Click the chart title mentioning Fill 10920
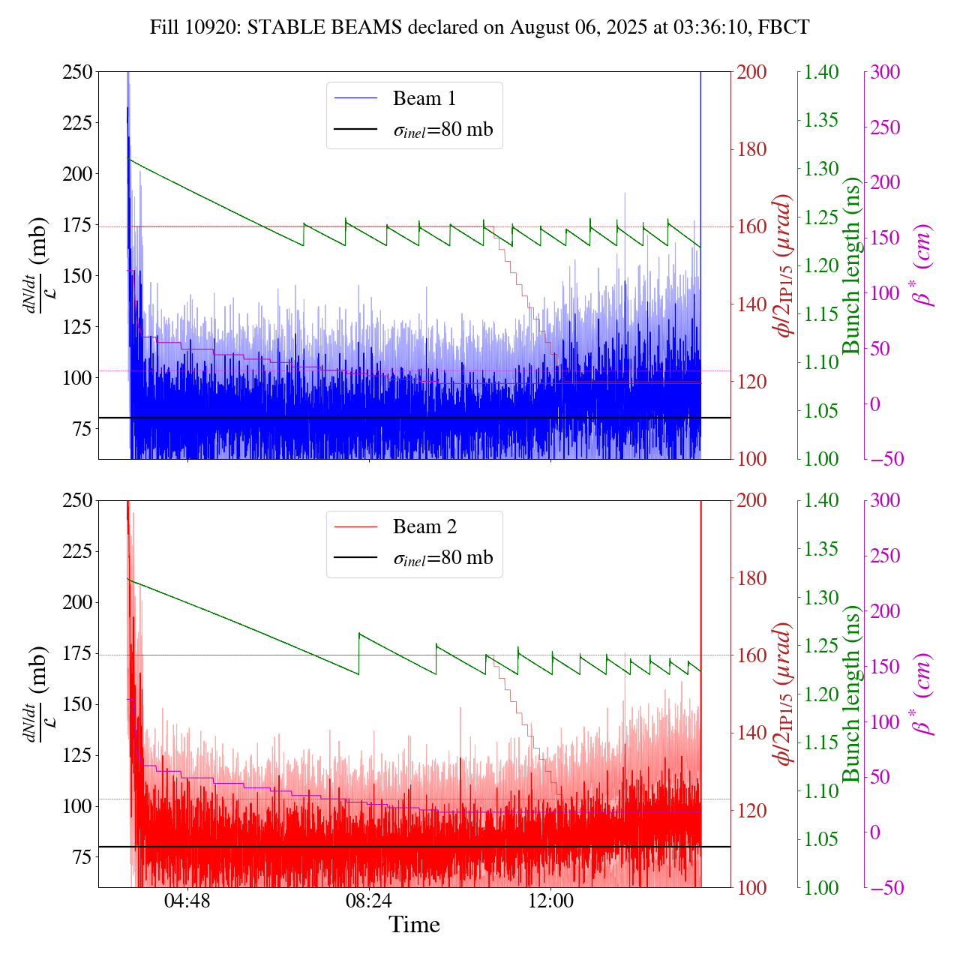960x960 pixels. tap(480, 28)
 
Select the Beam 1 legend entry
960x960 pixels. tap(424, 98)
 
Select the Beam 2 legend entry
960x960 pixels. tap(424, 527)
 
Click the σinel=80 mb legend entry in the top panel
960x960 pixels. tap(443, 129)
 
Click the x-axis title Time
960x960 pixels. tap(414, 925)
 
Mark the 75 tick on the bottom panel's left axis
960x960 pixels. tap(80, 857)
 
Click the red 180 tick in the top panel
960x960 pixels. tap(752, 149)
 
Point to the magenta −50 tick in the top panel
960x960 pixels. tap(887, 459)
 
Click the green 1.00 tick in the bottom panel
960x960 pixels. tap(822, 888)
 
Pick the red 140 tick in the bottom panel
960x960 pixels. tap(752, 733)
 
